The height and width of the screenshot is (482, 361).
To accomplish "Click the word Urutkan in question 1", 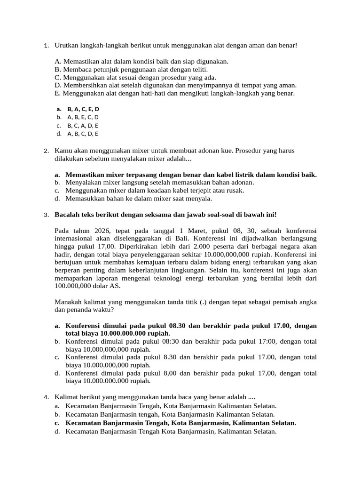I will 66,45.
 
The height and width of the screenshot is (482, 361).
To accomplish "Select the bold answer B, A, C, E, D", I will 83,109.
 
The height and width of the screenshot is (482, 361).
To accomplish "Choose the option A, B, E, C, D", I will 83,117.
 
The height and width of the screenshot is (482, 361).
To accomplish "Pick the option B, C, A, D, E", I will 83,126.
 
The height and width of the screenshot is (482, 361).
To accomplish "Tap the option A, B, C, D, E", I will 83,134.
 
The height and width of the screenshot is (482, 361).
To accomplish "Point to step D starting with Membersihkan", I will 175,85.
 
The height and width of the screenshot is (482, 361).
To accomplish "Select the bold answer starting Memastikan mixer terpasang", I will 191,175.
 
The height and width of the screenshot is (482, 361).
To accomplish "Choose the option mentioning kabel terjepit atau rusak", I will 155,190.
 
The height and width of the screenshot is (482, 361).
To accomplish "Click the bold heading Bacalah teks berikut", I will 165,215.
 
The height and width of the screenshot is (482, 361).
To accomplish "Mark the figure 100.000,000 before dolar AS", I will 74,286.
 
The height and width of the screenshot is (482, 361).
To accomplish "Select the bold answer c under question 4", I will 180,423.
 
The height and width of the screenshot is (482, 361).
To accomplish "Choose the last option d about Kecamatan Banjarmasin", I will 171,431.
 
